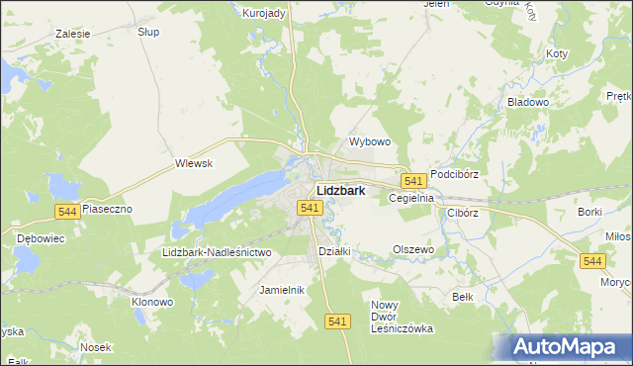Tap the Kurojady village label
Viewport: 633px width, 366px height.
(x=264, y=13)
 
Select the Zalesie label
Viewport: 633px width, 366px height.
(x=73, y=33)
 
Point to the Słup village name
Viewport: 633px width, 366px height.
(x=149, y=32)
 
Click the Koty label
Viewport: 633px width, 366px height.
(x=557, y=53)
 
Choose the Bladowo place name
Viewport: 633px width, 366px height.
(x=527, y=102)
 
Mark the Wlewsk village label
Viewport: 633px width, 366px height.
(x=194, y=163)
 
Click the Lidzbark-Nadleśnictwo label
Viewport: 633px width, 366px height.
(x=217, y=252)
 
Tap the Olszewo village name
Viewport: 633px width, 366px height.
(x=413, y=249)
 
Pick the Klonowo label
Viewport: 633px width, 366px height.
(x=153, y=301)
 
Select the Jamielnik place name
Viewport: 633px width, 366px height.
(x=281, y=290)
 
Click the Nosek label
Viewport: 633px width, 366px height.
(x=96, y=347)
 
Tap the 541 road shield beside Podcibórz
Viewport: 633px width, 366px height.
(x=414, y=180)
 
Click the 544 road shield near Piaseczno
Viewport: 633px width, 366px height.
(x=67, y=212)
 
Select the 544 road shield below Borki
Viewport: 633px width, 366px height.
(x=592, y=260)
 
